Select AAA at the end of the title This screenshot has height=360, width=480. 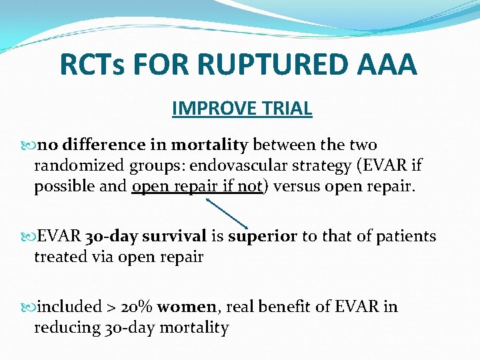tap(387, 65)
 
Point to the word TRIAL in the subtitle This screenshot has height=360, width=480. tap(289, 108)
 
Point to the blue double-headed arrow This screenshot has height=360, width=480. tap(227, 211)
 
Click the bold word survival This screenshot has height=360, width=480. tap(173, 237)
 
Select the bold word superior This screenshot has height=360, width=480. tap(262, 237)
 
